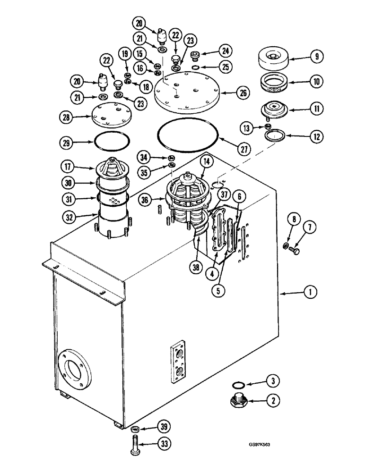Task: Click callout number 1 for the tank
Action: [x=310, y=293]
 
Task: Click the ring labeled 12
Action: [x=275, y=137]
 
